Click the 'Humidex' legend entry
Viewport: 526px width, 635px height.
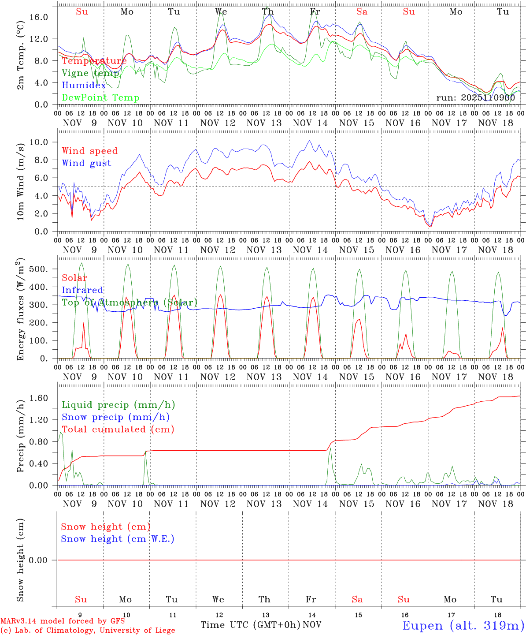84,85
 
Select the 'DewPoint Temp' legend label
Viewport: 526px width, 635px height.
100,97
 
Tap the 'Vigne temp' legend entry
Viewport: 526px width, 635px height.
90,73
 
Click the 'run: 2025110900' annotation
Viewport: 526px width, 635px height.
475,97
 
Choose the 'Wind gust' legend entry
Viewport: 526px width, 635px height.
86,163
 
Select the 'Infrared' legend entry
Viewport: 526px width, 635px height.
82,290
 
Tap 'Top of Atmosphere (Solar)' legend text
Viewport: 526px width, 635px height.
130,303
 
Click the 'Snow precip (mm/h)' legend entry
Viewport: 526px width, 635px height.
115,417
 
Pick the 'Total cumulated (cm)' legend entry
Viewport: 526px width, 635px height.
118,429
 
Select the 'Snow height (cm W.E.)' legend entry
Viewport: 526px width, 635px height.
118,539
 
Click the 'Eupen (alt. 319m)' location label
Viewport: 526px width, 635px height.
463,625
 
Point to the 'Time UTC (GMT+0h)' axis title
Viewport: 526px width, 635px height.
250,625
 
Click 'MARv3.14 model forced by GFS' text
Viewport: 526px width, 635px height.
63,621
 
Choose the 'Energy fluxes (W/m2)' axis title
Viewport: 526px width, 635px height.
21,310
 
